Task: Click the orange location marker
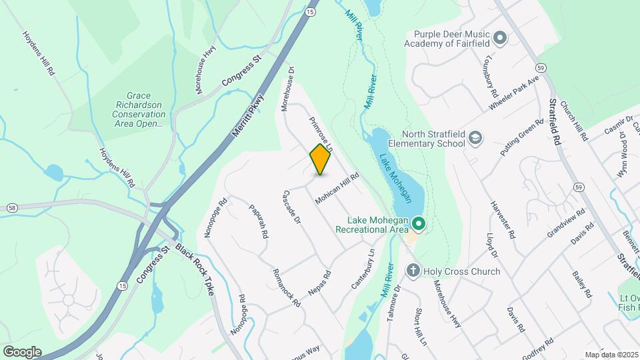point(321,159)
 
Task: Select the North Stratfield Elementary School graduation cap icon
point(475,137)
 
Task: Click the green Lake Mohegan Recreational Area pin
point(418,223)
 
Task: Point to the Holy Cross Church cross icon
point(413,271)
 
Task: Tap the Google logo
point(21,352)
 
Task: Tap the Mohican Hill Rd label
point(337,189)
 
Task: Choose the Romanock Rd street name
point(287,287)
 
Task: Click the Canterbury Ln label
point(363,269)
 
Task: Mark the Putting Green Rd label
point(523,137)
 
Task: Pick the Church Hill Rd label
point(574,121)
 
